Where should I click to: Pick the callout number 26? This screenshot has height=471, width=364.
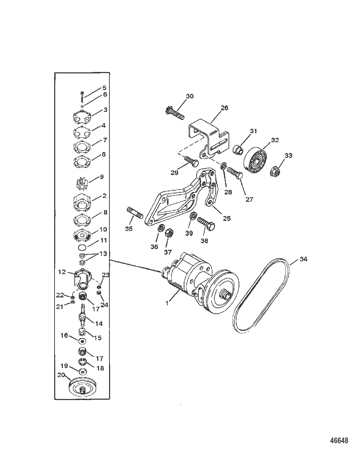[224, 108]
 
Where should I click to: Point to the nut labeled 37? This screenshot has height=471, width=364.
[169, 233]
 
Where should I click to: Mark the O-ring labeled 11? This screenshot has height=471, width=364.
[82, 247]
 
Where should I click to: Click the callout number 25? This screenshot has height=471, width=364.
[226, 218]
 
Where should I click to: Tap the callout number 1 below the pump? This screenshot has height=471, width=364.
[167, 303]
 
